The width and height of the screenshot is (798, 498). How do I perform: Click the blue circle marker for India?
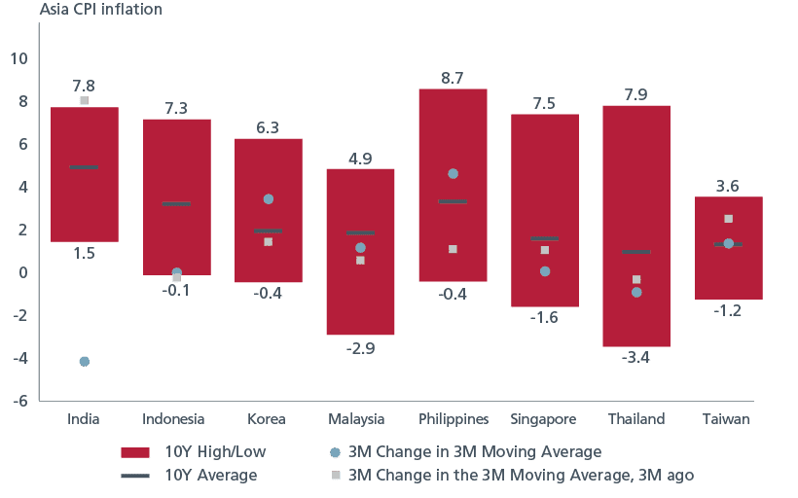pyautogui.click(x=85, y=361)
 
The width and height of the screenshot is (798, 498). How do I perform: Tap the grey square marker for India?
pyautogui.click(x=85, y=101)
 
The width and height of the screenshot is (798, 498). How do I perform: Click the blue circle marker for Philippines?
pyautogui.click(x=453, y=173)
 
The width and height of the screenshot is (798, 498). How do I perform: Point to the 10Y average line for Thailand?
pyautogui.click(x=636, y=253)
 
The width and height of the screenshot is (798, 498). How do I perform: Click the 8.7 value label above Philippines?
pyautogui.click(x=453, y=76)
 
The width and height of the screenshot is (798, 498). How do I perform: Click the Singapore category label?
pyautogui.click(x=544, y=419)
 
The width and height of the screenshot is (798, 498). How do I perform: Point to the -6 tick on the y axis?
pyautogui.click(x=19, y=401)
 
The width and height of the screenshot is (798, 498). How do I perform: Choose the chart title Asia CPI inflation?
pyautogui.click(x=100, y=10)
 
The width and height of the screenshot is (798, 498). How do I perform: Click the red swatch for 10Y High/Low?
pyautogui.click(x=134, y=452)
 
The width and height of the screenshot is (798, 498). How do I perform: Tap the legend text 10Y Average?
pyautogui.click(x=211, y=476)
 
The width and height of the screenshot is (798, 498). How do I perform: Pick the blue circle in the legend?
pyautogui.click(x=335, y=452)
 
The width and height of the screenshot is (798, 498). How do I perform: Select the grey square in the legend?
pyautogui.click(x=335, y=476)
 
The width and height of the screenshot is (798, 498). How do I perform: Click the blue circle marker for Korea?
pyautogui.click(x=269, y=198)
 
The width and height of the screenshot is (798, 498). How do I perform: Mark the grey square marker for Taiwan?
pyautogui.click(x=728, y=219)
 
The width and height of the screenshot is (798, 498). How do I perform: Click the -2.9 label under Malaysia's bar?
pyautogui.click(x=360, y=348)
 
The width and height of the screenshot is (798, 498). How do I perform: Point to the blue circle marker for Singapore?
pyautogui.click(x=545, y=271)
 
